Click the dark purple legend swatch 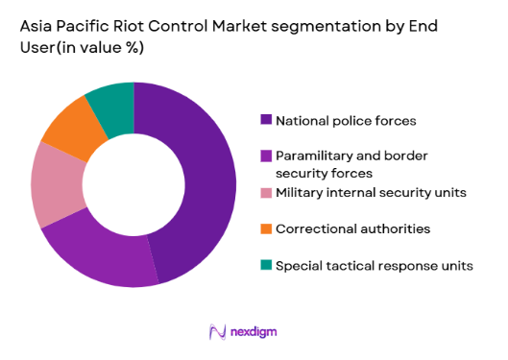click(x=266, y=120)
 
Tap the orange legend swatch click(x=266, y=228)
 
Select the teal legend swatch click(x=266, y=265)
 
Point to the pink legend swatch click(x=266, y=193)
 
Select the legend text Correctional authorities click(x=352, y=228)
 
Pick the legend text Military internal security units click(x=371, y=193)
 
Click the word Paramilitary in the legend click(x=315, y=155)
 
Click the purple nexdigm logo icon click(x=217, y=331)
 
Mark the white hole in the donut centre click(x=133, y=184)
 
